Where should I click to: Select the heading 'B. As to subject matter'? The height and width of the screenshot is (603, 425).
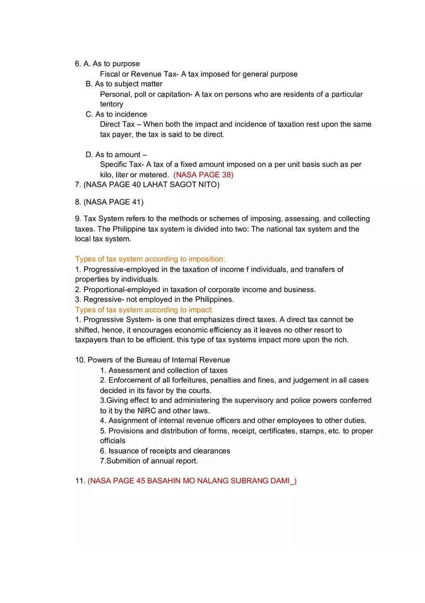pos(124,84)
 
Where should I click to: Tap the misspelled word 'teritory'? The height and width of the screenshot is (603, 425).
pos(112,104)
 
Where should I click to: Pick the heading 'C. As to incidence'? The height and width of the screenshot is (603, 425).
pos(116,114)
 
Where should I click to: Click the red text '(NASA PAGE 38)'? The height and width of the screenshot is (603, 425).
pos(203,175)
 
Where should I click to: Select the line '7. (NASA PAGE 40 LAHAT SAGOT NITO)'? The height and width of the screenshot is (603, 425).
pos(147,185)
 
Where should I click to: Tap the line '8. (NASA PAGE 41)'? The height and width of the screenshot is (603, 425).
pos(109,202)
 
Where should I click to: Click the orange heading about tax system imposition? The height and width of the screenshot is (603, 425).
pos(150,259)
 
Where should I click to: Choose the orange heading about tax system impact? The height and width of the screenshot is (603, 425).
pos(144,309)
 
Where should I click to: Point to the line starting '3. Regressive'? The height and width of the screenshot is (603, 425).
pos(155,299)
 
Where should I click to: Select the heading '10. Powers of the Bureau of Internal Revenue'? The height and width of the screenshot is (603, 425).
pos(153,360)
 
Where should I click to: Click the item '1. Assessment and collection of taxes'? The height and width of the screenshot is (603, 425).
pos(164,370)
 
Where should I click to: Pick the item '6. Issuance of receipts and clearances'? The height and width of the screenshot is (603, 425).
pos(165,451)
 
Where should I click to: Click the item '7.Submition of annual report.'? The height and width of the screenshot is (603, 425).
pos(149,461)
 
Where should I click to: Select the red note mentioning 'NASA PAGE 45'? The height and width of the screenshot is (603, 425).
pos(192,481)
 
